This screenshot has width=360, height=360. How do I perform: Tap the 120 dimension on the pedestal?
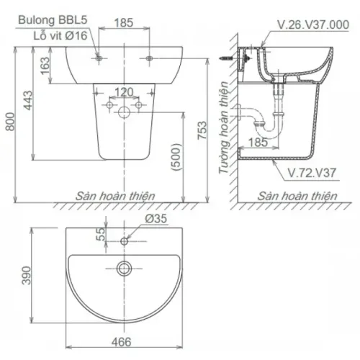coord(125,92)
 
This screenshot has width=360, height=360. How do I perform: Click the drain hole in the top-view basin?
coord(125,269)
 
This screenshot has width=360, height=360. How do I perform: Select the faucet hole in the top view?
coord(125,240)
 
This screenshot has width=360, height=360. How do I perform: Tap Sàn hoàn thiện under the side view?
coord(298,195)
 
